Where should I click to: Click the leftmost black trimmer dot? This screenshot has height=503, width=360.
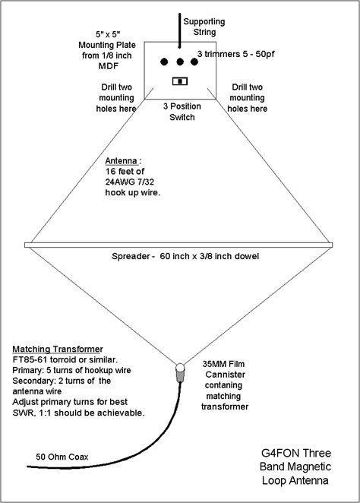click(x=164, y=62)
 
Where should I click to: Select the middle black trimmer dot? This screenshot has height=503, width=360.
click(x=180, y=62)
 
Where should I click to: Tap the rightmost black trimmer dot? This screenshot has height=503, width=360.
click(x=194, y=62)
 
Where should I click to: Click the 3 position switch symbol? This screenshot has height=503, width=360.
click(x=180, y=81)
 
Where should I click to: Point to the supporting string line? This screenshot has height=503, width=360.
click(x=180, y=30)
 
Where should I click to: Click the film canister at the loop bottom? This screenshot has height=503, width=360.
click(x=180, y=372)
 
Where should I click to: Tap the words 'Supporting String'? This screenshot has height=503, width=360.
click(x=204, y=27)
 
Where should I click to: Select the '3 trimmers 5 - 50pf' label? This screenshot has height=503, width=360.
click(x=235, y=54)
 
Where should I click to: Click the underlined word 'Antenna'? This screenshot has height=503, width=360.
click(x=122, y=161)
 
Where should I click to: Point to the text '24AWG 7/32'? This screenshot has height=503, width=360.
click(x=130, y=182)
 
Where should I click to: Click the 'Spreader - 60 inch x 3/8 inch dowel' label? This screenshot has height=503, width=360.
click(x=185, y=256)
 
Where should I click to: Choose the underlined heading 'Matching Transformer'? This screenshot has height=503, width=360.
click(x=58, y=349)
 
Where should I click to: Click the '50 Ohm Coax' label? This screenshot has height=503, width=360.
click(x=62, y=457)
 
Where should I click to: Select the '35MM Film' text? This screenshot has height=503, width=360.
click(x=223, y=364)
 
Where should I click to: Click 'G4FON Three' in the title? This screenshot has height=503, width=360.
click(x=296, y=453)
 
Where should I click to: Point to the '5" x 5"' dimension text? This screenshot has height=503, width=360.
click(x=108, y=34)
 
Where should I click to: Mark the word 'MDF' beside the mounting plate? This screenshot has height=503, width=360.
click(x=109, y=66)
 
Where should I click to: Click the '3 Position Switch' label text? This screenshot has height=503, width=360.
click(x=182, y=112)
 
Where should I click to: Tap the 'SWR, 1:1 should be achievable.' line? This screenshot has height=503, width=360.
click(x=78, y=413)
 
